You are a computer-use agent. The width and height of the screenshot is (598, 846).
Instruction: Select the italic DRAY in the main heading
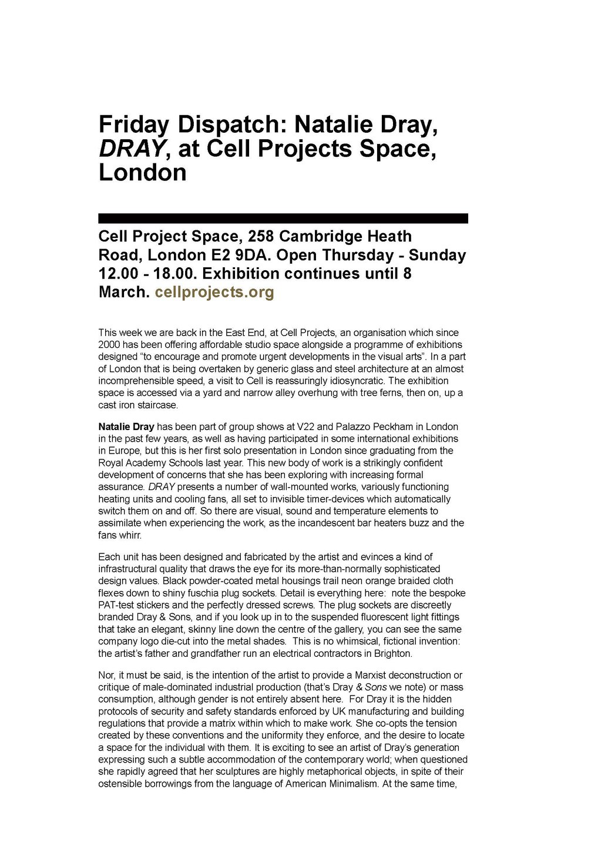pyautogui.click(x=130, y=149)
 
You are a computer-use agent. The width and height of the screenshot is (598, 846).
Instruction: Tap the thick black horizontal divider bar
pyautogui.click(x=283, y=219)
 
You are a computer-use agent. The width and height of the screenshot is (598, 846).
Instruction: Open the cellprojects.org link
pyautogui.click(x=214, y=293)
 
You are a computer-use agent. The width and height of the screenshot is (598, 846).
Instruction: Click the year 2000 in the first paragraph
pyautogui.click(x=109, y=345)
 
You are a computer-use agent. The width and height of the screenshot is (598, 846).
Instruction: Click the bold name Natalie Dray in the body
pyautogui.click(x=126, y=427)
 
